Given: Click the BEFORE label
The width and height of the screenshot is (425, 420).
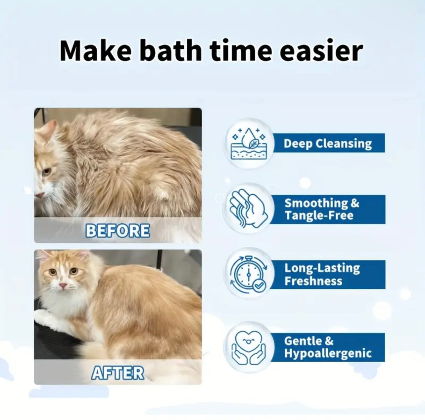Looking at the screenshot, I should point(118,231).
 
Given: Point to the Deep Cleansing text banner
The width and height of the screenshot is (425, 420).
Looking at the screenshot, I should point(328,143).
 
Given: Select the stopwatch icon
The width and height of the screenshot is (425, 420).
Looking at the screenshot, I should point(248,274).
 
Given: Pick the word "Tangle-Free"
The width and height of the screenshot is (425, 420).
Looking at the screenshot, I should point(319,215).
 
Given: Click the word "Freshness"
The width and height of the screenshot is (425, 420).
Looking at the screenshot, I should point(313,281).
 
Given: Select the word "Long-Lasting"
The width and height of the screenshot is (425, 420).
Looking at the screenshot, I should point(322,268).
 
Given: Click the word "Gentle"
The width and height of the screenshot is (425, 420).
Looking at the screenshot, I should point(303,341).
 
